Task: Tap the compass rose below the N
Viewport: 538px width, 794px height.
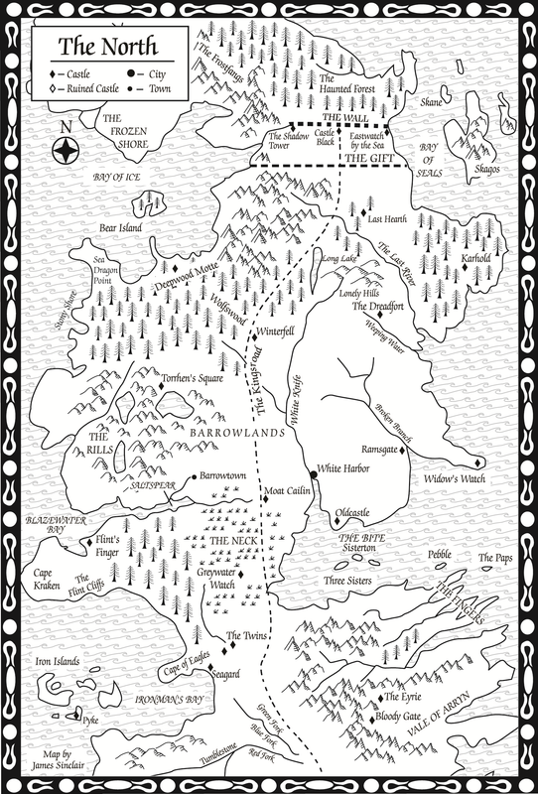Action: tap(67, 151)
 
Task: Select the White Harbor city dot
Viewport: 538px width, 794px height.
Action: tap(312, 468)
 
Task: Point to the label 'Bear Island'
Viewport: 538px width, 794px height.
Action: tap(121, 227)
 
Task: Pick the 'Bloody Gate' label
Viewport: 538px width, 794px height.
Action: tap(408, 717)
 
